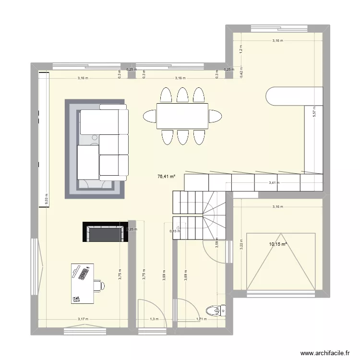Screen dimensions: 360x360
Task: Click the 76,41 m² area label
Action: coord(166,177)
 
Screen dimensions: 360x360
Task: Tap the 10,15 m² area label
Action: coord(278,244)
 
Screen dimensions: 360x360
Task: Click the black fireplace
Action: coord(106,233)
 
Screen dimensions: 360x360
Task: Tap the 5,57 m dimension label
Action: coord(314,112)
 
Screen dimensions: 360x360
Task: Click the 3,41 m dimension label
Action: coord(273,182)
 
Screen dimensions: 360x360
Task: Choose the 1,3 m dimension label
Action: coord(153,319)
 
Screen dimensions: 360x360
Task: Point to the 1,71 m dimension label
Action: coord(202,319)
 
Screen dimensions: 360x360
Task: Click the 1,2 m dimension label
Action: coord(241,48)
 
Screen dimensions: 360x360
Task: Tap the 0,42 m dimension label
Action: coord(241,72)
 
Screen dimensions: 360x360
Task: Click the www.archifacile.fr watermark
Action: coord(322,353)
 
